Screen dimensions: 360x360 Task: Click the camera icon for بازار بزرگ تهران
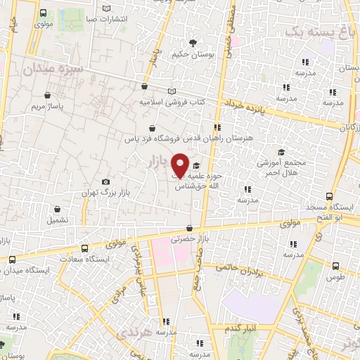106,181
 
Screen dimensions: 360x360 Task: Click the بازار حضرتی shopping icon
189,228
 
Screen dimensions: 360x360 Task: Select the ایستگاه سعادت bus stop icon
85,248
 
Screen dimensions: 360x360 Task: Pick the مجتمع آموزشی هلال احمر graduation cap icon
280,152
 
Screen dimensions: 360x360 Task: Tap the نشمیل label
58,219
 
